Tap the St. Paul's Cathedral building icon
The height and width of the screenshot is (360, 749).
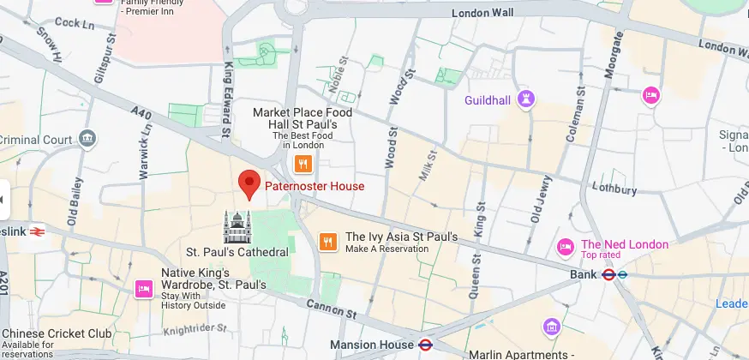pyautogui.click(x=237, y=227)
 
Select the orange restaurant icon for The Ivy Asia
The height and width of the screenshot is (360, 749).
pyautogui.click(x=327, y=243)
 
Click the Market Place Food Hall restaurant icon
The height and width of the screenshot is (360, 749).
pyautogui.click(x=302, y=163)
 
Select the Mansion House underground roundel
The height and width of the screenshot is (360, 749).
pyautogui.click(x=424, y=345)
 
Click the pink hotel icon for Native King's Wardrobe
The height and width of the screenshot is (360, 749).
pyautogui.click(x=143, y=289)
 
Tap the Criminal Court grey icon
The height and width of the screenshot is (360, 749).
pyautogui.click(x=87, y=139)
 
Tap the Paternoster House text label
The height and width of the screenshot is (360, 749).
pyautogui.click(x=314, y=186)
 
